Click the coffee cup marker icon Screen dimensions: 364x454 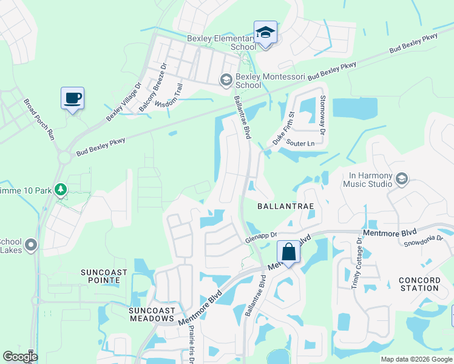tap(72, 98)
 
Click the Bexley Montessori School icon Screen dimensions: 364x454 tap(226, 79)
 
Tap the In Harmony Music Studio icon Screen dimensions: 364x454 tap(401, 179)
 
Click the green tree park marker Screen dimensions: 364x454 tap(61, 190)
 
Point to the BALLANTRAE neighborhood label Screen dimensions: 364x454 tap(285, 206)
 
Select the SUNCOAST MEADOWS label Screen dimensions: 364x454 tap(151, 313)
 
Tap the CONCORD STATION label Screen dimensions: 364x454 tap(419, 283)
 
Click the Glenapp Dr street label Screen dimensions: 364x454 tap(261, 237)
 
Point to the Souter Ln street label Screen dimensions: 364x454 tap(301, 144)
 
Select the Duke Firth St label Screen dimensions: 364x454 tap(283, 128)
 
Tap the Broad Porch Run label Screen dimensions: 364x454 tap(39, 120)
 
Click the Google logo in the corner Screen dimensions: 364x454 tap(20, 357)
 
